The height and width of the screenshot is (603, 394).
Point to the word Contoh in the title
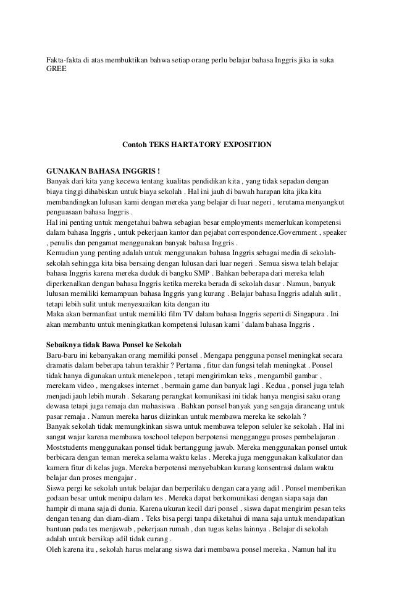click(x=135, y=145)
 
